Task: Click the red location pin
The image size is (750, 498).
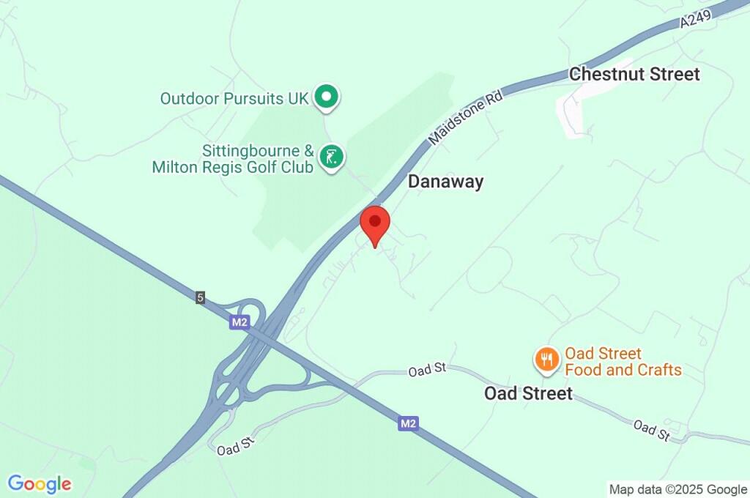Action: tap(376, 224)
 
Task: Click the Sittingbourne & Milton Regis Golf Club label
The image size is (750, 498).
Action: tap(233, 160)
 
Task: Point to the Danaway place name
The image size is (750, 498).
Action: tap(445, 182)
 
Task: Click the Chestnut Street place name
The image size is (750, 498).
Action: tap(634, 74)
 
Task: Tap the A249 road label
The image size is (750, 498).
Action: tap(695, 18)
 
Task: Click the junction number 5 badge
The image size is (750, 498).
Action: tap(200, 297)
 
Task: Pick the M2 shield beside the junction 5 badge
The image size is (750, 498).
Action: tap(239, 322)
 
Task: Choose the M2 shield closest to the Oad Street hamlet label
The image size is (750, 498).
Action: tap(409, 423)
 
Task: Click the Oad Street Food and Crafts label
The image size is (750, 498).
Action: tap(623, 362)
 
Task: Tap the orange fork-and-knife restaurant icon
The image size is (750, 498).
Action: tap(546, 359)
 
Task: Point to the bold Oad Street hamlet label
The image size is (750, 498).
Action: tap(528, 393)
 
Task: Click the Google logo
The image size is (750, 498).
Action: tap(40, 483)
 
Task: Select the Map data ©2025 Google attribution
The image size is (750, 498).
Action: tap(677, 488)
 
